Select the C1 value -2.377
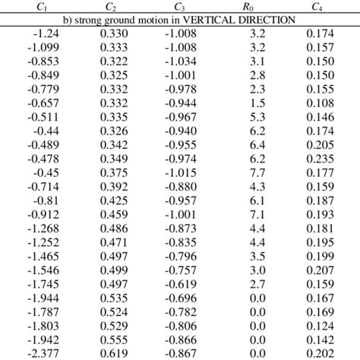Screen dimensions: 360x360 39,353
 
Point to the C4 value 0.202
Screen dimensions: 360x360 320,353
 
